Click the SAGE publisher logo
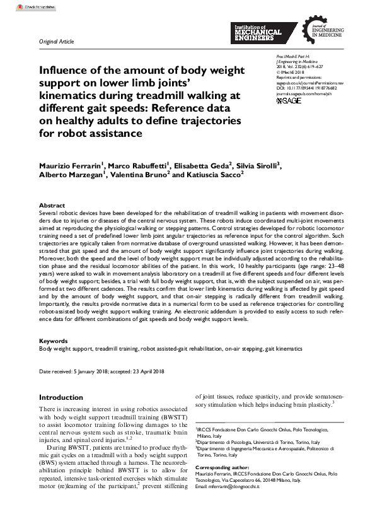[289, 101]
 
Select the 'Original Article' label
[56, 42]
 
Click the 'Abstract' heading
[52, 206]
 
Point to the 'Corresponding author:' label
[223, 467]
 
